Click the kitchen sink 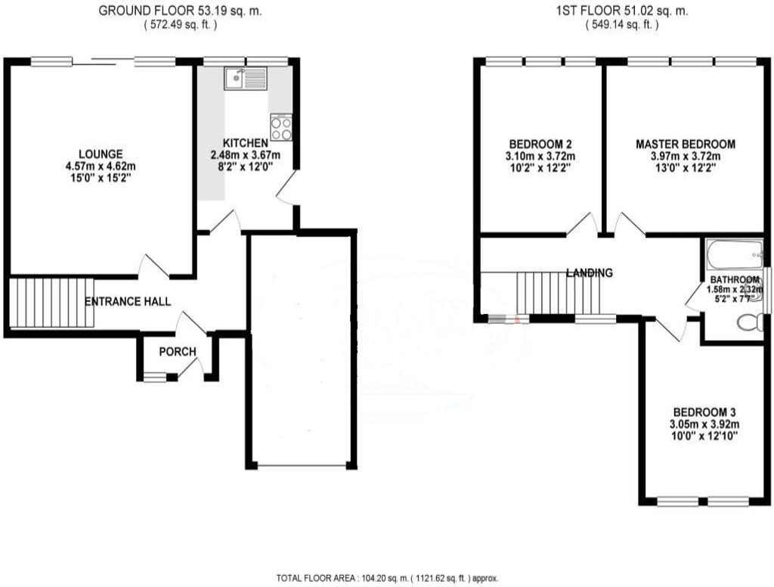[246, 78]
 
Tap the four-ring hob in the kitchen [281, 126]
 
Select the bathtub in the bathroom [734, 255]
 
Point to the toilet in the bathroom [750, 324]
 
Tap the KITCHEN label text [245, 143]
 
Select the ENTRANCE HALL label [127, 302]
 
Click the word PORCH [178, 352]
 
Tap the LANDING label [589, 273]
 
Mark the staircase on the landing [558, 293]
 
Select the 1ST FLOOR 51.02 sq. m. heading [621, 11]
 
